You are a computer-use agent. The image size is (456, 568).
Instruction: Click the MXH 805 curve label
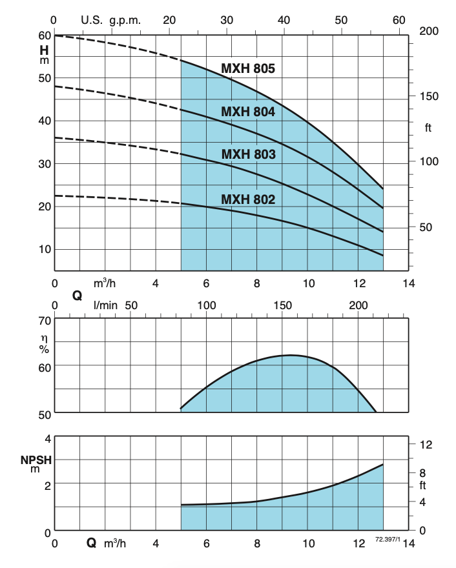249,69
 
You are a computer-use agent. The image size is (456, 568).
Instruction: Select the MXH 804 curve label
249,112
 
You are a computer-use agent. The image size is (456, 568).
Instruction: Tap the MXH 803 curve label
249,155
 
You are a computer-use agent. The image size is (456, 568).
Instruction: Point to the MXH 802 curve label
249,200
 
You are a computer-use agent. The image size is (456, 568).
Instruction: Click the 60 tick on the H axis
45,35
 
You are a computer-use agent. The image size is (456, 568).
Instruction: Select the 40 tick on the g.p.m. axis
284,20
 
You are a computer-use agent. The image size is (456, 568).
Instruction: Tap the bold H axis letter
45,49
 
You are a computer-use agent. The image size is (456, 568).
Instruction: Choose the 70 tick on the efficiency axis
45,319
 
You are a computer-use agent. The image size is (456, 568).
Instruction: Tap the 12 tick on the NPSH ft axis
426,445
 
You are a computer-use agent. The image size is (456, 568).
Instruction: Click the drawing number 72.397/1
388,538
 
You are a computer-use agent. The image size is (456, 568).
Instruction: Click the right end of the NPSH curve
383,464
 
